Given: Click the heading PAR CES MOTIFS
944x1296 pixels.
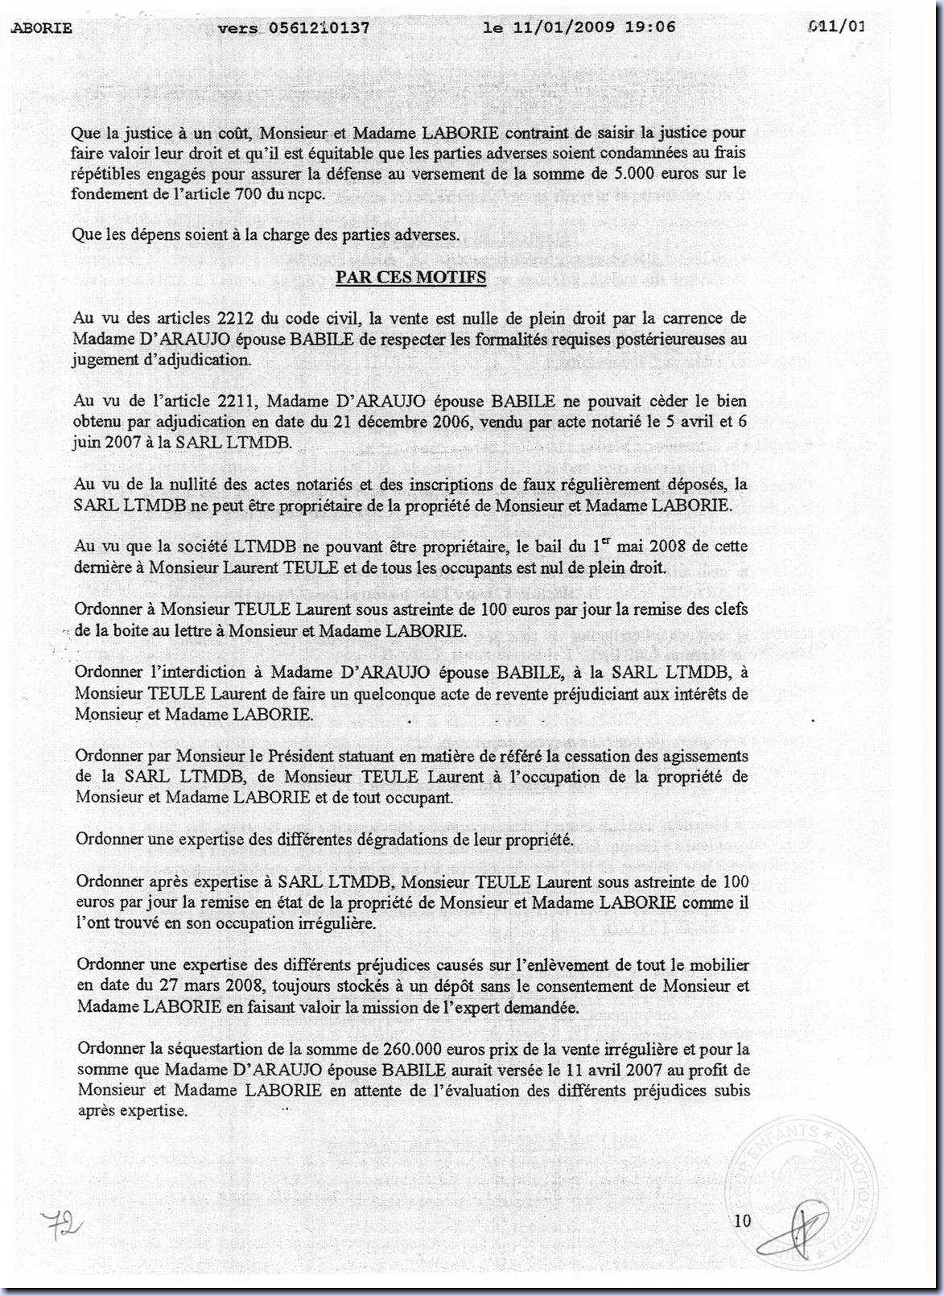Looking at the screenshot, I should click(x=410, y=277).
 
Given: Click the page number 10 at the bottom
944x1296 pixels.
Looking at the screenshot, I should click(x=742, y=1221).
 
